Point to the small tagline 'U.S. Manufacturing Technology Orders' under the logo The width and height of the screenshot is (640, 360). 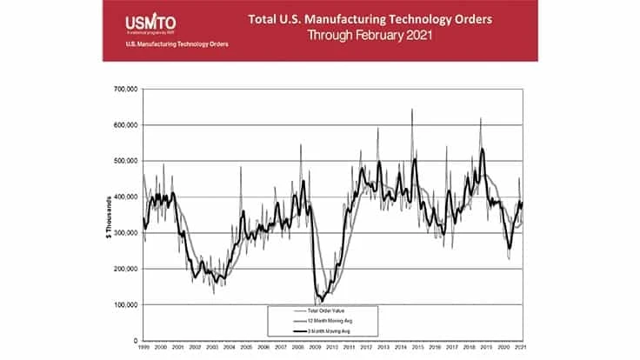coord(166,45)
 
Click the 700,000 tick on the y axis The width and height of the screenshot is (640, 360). coord(127,89)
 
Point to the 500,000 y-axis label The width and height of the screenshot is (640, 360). coord(127,161)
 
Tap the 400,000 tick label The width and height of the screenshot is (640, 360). coord(127,197)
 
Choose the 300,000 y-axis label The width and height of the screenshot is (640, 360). coord(127,233)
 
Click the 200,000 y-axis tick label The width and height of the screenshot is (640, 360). coord(127,269)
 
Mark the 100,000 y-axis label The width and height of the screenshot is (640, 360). coord(127,305)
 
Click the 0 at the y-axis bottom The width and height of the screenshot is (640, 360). coord(136,341)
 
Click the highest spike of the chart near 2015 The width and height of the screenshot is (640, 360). coord(411,110)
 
